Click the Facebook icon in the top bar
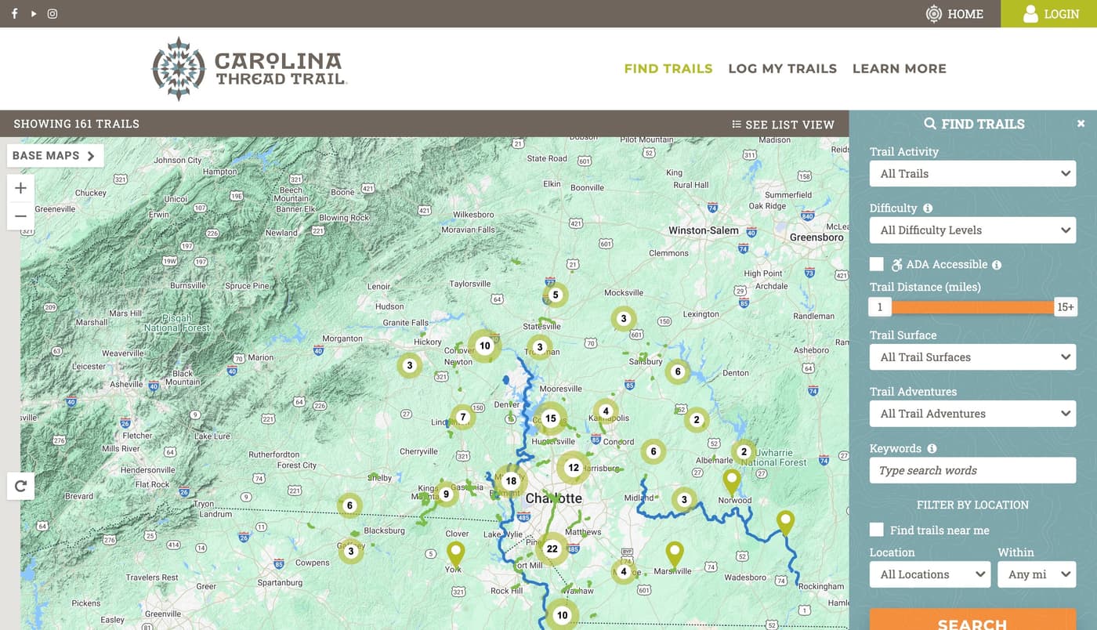point(14,13)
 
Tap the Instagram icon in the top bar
point(52,13)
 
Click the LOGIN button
point(1050,13)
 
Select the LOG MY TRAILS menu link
point(782,68)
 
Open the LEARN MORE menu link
point(899,68)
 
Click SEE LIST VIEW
point(783,124)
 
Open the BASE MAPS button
point(54,155)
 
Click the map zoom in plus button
point(20,188)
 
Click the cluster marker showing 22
point(552,549)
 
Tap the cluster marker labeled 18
point(511,481)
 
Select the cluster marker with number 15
point(551,418)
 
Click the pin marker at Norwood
point(731,480)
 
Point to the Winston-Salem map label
point(703,230)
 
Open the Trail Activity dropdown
point(972,173)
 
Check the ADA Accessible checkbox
point(877,264)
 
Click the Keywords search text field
point(972,470)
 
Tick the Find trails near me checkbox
point(877,530)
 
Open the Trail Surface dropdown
point(972,357)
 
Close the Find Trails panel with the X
point(1081,124)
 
